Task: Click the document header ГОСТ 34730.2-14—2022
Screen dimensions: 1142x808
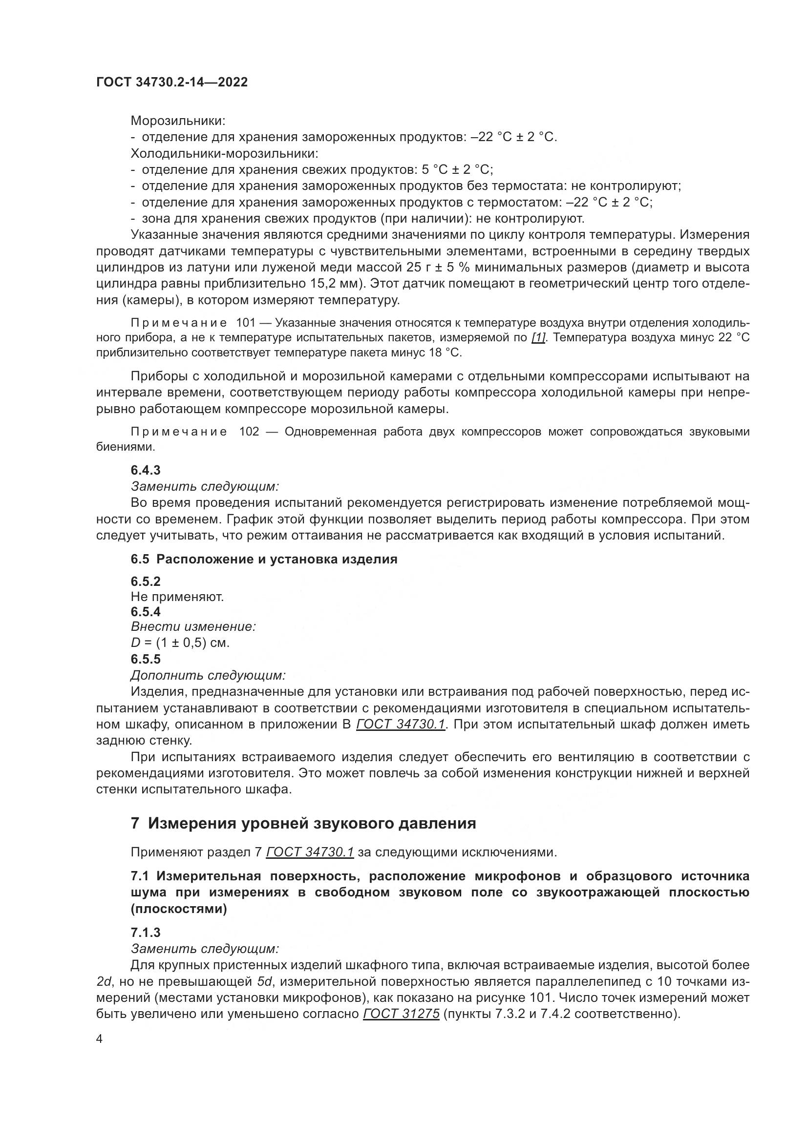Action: pos(171,83)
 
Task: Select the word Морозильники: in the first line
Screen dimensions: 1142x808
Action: pos(178,121)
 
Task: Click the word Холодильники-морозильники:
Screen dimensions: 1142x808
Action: pos(224,153)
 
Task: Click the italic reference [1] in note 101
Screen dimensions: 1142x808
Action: pos(538,338)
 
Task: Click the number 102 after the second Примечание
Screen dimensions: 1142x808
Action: pos(249,432)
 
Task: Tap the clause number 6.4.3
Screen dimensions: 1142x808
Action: pos(145,470)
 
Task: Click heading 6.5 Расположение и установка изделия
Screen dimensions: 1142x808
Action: pos(264,559)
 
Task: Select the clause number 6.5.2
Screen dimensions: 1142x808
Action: pos(145,581)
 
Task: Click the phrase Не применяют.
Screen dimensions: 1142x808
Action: pos(177,597)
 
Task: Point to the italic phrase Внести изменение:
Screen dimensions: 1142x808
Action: pos(193,627)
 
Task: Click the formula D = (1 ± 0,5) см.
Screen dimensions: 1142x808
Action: pos(180,643)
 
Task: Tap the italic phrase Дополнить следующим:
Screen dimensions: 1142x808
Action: pos(208,675)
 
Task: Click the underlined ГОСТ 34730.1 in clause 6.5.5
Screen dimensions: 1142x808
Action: pos(401,725)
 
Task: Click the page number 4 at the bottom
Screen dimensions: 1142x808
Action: pos(99,1039)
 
